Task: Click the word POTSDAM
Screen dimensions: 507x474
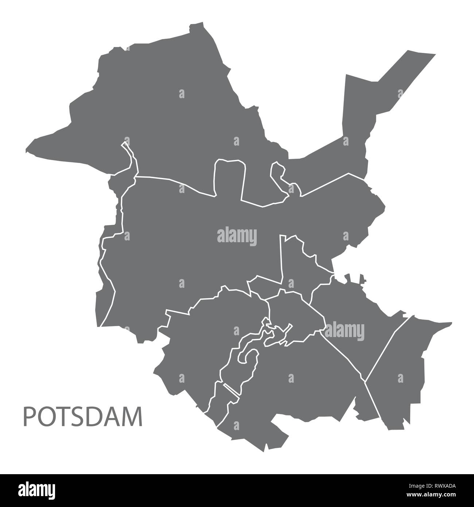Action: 83,417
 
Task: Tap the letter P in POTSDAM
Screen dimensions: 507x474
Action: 29,417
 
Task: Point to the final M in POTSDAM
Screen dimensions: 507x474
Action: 133,417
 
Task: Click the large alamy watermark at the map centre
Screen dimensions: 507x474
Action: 237,235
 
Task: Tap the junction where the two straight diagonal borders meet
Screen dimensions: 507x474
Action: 365,382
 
